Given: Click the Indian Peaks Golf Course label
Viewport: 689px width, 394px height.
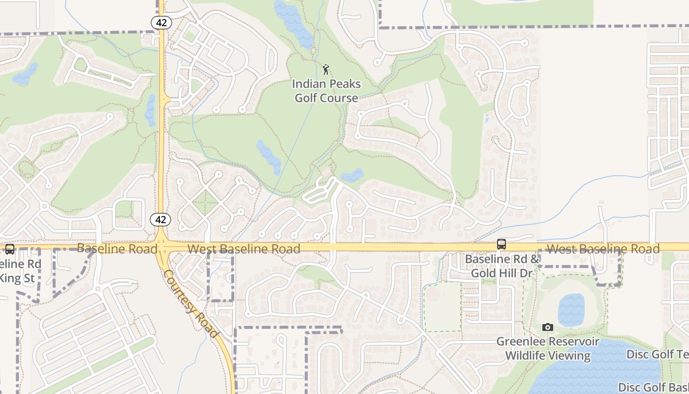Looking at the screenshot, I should (326, 91).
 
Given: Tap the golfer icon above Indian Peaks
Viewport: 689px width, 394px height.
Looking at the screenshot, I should (325, 69).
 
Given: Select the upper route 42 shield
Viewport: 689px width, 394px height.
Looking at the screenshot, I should (160, 22).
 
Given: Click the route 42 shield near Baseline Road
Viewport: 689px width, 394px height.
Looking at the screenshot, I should (160, 220).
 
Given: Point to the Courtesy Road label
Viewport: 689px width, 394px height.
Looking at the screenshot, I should (191, 303).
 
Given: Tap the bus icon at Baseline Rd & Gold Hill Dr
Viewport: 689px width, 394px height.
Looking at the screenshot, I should (501, 244).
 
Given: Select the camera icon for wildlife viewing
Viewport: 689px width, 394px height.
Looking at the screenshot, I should (547, 328).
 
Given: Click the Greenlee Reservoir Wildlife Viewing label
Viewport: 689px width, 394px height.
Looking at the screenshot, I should (548, 349).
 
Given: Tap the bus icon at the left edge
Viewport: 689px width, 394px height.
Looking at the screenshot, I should (9, 249).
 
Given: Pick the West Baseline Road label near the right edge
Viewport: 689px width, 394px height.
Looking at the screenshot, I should (603, 249).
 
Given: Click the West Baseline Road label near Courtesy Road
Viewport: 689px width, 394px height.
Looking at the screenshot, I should (244, 249).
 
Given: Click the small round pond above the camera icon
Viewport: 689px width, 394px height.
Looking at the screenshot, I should (571, 310).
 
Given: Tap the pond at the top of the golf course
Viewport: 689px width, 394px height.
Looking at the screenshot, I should (294, 23).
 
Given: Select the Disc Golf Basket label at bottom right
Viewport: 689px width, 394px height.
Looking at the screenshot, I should (654, 388).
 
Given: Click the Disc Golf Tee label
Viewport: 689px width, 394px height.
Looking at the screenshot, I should (658, 355).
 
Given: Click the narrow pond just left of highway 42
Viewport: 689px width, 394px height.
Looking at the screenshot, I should (150, 109).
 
